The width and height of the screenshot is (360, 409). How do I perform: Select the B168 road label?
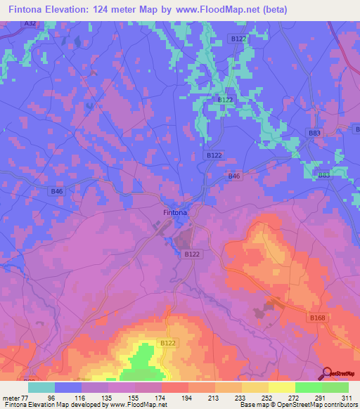[x=317, y=318]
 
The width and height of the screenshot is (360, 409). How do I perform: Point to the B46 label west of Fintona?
[x=57, y=191]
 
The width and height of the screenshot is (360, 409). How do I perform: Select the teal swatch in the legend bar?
[x=41, y=387]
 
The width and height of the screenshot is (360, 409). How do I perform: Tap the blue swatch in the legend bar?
[x=68, y=387]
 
